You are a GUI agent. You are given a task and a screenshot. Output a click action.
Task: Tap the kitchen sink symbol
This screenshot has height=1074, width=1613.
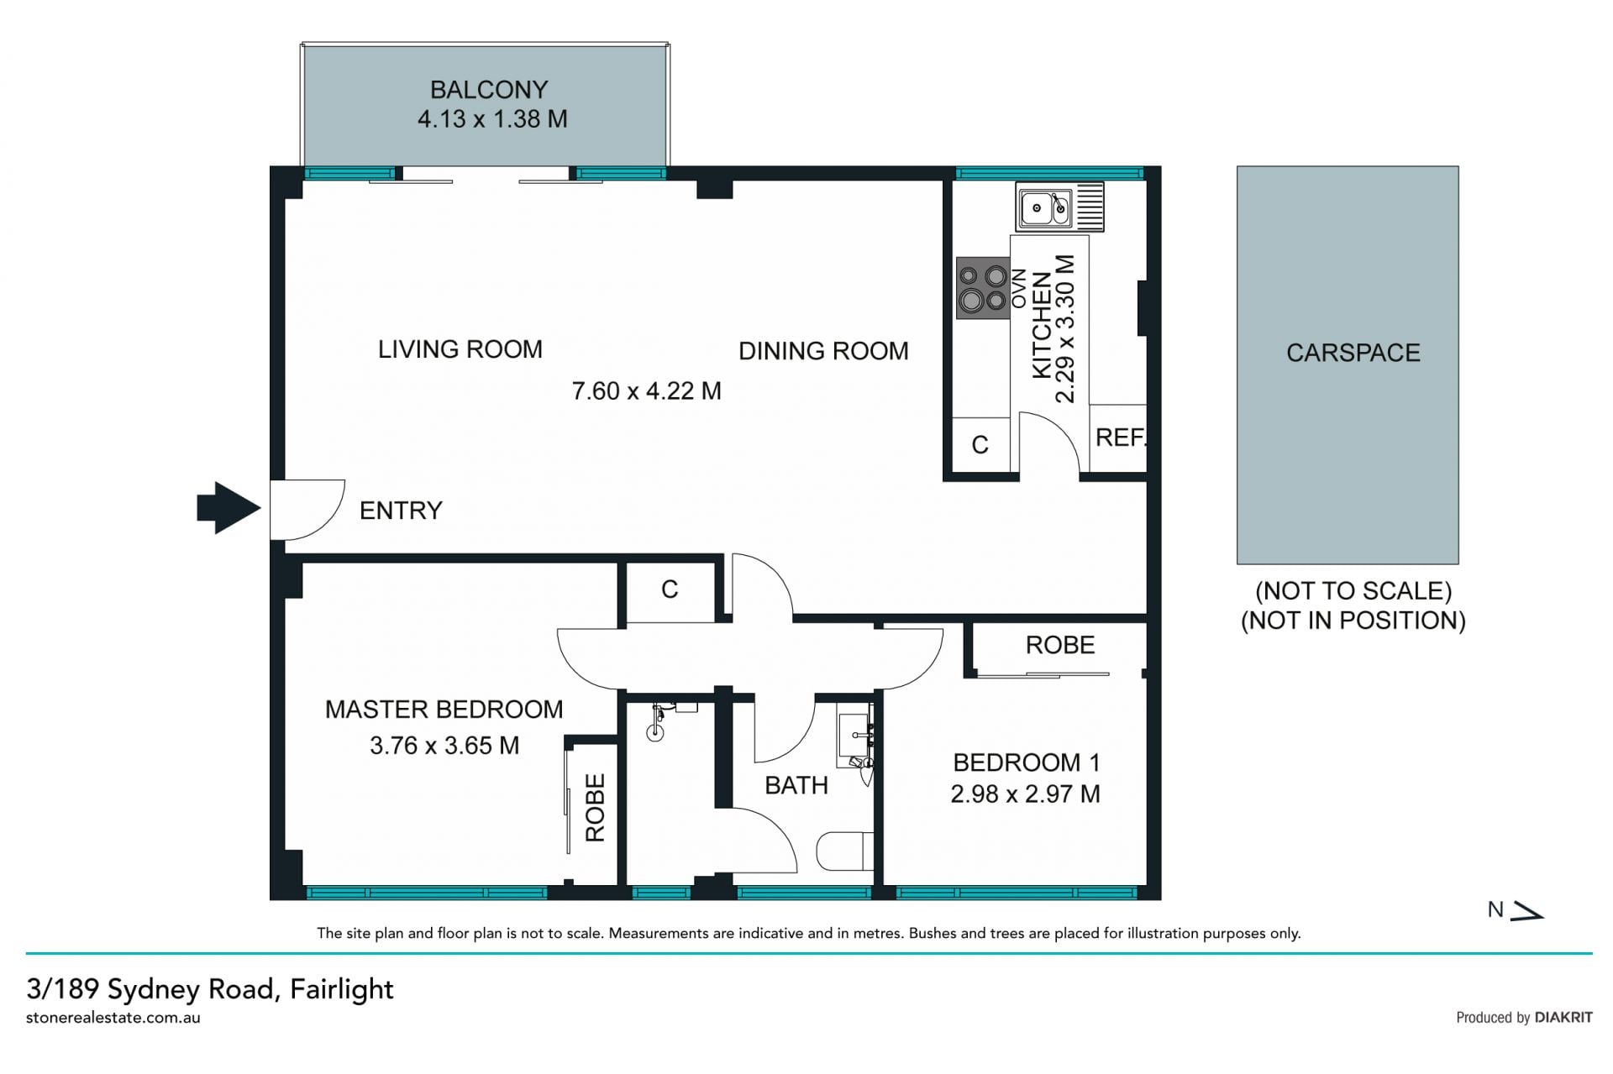(x=1059, y=207)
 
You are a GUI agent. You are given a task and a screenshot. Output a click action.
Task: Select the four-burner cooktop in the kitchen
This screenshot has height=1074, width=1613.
(x=983, y=288)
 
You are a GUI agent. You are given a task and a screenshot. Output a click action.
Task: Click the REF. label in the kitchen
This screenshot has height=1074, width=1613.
(x=1121, y=437)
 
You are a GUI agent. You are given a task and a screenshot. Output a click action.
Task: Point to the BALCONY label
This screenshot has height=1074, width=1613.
(x=489, y=90)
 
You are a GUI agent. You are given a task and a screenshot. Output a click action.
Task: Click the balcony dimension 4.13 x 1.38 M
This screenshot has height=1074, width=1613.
(x=492, y=119)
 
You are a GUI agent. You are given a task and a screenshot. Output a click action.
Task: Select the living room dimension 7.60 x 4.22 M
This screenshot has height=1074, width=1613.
(x=646, y=391)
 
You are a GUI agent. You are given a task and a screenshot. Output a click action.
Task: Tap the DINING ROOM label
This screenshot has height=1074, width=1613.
(x=823, y=351)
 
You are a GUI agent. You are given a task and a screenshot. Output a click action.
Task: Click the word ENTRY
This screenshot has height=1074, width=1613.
(x=401, y=511)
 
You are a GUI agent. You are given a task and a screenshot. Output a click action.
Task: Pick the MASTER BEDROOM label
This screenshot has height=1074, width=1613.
(x=444, y=710)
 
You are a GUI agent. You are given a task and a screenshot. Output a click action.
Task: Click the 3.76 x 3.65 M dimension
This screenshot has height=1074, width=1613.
(x=444, y=746)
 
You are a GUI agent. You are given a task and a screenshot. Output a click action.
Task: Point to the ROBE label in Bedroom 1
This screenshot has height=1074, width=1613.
(x=1060, y=645)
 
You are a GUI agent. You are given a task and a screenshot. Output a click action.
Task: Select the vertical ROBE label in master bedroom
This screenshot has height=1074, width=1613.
(x=595, y=808)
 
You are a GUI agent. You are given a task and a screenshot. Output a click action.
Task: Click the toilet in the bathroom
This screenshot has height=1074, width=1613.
(x=845, y=851)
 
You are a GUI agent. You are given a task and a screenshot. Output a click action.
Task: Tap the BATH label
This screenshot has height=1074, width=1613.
(x=796, y=786)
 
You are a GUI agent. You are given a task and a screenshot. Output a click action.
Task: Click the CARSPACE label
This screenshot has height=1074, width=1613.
(x=1353, y=353)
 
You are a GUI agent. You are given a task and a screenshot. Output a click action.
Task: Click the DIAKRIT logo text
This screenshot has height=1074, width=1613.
(x=1563, y=1018)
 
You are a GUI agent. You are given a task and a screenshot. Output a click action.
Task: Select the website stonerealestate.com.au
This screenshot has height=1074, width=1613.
(x=113, y=1018)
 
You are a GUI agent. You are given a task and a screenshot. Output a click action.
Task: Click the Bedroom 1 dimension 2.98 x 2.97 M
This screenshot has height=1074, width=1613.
(x=1025, y=794)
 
